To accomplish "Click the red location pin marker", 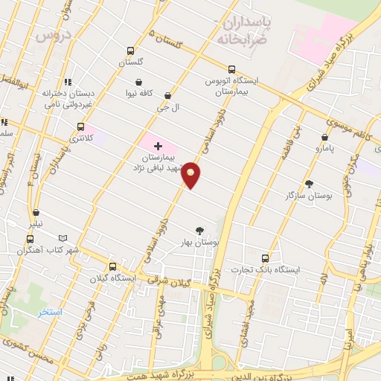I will point(191,175).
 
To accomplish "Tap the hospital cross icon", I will point(158,146).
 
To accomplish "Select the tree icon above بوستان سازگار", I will point(309,183).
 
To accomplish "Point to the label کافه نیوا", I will point(138,94).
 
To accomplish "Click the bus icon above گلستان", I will point(130,51).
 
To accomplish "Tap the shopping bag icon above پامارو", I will point(325,137).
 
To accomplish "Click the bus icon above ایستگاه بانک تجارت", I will point(265,257).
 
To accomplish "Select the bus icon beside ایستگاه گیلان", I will point(112,266).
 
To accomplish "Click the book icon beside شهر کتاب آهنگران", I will point(63,239).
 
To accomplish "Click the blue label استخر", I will point(51,312).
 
